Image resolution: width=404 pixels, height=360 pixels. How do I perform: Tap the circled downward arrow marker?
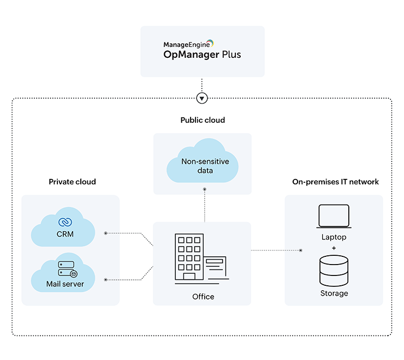(x=203, y=99)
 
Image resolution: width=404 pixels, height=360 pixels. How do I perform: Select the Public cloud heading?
(x=203, y=120)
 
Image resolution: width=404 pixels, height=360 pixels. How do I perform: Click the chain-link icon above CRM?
(x=66, y=222)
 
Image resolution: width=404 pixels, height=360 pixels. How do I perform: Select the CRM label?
(x=65, y=235)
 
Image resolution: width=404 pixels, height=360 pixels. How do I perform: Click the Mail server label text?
(x=65, y=284)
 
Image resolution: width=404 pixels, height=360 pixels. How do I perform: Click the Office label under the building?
(x=203, y=297)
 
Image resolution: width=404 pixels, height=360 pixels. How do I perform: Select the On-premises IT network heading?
(x=335, y=182)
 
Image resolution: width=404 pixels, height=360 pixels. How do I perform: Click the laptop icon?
(x=334, y=217)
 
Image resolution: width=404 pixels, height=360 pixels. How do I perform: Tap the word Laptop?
(x=334, y=237)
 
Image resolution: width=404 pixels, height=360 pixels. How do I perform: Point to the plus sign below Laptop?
(x=334, y=248)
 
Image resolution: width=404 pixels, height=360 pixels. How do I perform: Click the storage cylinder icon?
(x=334, y=271)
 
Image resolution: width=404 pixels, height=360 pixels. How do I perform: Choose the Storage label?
(x=334, y=293)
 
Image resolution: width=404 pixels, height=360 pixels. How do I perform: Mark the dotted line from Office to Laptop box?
(x=276, y=250)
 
